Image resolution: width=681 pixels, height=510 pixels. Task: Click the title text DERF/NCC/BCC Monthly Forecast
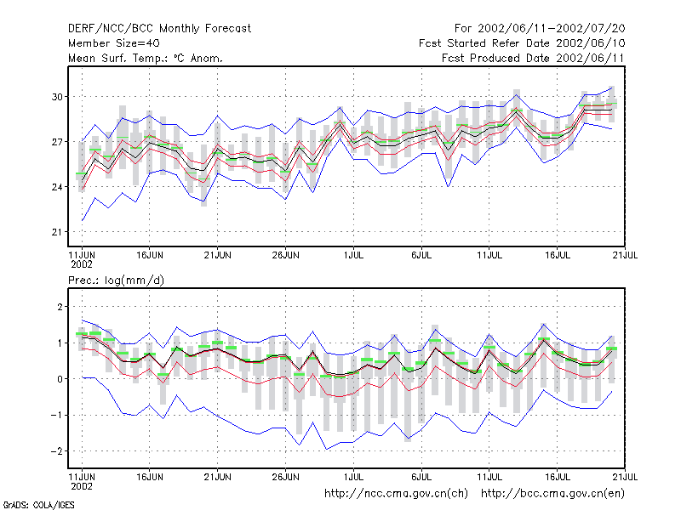point(159,29)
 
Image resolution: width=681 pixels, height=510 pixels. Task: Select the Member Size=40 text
point(114,43)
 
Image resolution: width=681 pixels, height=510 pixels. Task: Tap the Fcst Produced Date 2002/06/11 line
point(533,58)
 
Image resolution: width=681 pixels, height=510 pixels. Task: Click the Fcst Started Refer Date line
point(522,43)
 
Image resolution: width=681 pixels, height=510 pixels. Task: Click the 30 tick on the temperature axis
point(57,97)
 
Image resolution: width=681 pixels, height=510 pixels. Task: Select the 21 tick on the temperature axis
point(57,232)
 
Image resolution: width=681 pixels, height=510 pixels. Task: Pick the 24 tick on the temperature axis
point(57,187)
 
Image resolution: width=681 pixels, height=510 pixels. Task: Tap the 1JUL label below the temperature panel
point(353,255)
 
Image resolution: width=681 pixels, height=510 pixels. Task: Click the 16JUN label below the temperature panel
point(150,255)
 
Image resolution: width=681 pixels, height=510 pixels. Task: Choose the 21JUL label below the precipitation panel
point(625,477)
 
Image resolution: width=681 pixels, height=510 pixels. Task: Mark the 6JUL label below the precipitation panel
point(421,477)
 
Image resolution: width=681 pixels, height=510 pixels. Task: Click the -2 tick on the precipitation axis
point(57,451)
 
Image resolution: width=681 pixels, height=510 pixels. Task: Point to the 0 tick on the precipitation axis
point(60,379)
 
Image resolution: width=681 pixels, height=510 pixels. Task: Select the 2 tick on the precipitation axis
point(60,307)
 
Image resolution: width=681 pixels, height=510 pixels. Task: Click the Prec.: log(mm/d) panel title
point(116,280)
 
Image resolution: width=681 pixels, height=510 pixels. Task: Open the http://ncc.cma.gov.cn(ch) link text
point(396,494)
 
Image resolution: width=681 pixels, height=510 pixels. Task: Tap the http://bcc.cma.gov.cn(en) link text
point(552,494)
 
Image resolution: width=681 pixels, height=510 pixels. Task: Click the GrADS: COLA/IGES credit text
point(39,505)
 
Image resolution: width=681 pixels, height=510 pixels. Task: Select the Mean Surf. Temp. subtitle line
point(146,58)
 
